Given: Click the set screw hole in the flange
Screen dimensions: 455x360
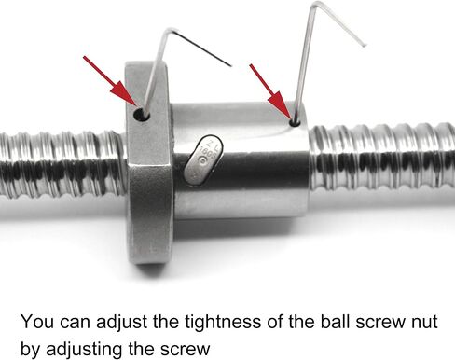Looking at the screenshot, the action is (142, 115).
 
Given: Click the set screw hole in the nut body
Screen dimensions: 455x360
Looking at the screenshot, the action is (295, 122).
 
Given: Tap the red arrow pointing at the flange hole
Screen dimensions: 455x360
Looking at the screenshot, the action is (110, 81).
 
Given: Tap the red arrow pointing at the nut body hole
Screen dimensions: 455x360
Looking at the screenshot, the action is (270, 91).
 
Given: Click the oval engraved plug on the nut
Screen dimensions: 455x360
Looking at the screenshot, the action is (203, 160).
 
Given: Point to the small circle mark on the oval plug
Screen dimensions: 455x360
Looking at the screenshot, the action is (203, 160).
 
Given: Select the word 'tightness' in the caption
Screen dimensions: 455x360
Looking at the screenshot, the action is (223, 322).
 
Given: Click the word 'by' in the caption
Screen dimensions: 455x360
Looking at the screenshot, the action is (30, 350).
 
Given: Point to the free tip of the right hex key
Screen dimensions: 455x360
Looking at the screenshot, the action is (365, 46).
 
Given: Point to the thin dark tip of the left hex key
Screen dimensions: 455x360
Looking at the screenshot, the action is (231, 65).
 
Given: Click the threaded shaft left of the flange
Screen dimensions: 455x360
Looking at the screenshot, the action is (62, 164).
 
